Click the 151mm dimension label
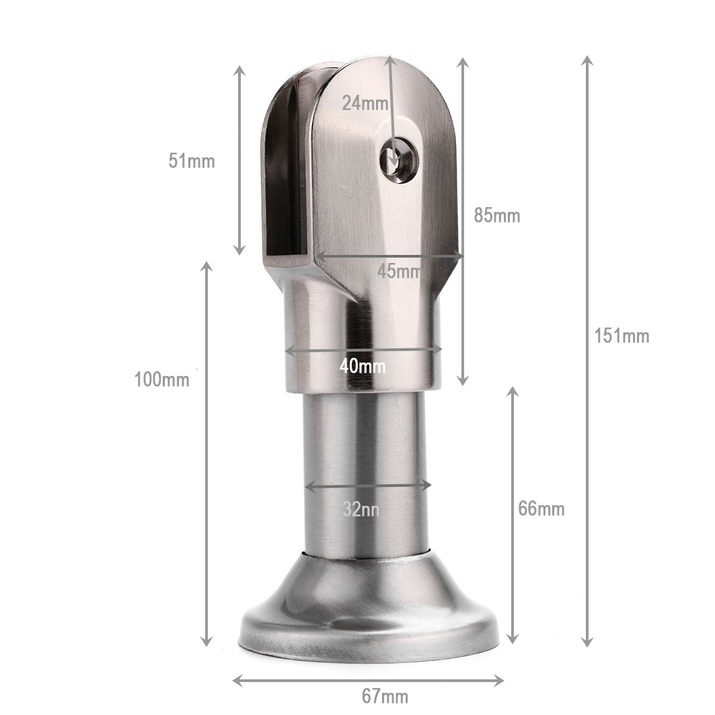[x=622, y=336]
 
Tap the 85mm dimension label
[x=496, y=215]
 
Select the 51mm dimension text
[x=192, y=161]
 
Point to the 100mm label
[x=162, y=379]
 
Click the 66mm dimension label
[x=541, y=509]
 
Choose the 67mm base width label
[x=385, y=696]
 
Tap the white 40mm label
[x=363, y=366]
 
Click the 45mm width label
[x=400, y=271]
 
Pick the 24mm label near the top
[x=365, y=103]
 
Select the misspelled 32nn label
[x=361, y=509]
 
